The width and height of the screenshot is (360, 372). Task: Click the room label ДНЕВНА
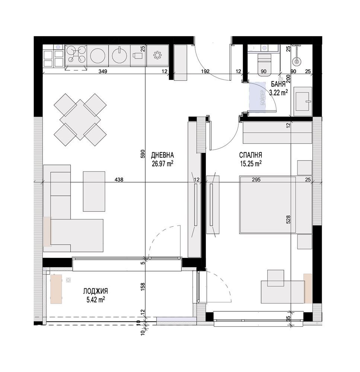tap(162, 155)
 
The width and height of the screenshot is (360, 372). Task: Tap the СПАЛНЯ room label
tap(251, 155)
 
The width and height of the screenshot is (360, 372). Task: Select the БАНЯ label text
tap(278, 84)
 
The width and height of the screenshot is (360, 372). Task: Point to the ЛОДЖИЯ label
tap(95, 291)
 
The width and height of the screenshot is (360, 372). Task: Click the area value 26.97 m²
tap(162, 164)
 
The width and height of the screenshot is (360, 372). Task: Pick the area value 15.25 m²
tap(251, 164)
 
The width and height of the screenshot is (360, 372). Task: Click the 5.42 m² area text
tap(96, 300)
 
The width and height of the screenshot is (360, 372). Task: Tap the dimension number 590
tap(143, 154)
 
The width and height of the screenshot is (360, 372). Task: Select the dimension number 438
tap(119, 180)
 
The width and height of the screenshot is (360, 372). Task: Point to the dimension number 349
tap(103, 71)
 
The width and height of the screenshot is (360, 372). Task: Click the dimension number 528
tap(288, 219)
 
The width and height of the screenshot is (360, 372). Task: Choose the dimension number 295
tap(256, 180)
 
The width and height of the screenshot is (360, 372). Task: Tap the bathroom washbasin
tap(303, 101)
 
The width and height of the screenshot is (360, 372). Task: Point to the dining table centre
tap(80, 119)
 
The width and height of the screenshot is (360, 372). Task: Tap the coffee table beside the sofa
tap(94, 191)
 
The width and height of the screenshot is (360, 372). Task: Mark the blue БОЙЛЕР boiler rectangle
tap(257, 97)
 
